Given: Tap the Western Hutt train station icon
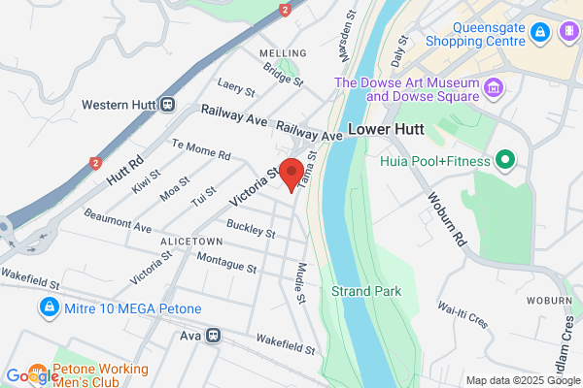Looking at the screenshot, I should tap(168, 104).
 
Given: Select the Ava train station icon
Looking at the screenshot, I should tap(213, 336).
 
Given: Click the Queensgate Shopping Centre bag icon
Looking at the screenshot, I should tap(538, 34).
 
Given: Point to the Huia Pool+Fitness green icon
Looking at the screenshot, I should tap(504, 159).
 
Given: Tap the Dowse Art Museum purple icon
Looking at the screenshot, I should tap(495, 89).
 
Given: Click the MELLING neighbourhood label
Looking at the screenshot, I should tap(281, 52).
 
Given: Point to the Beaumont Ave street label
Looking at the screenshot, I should tap(117, 219).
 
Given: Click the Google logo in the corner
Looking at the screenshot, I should tap(29, 376).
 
